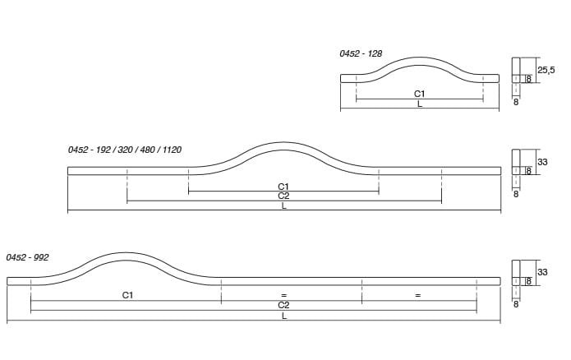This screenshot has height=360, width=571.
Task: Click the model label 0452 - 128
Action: [x=361, y=53]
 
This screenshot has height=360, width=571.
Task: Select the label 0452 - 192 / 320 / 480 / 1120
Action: [x=125, y=150]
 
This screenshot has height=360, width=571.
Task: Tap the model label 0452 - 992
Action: [x=27, y=257]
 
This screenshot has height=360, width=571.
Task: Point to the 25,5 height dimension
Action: [x=546, y=70]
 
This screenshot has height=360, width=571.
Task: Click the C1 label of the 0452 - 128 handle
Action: [x=420, y=94]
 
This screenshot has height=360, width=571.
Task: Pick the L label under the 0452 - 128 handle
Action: [x=420, y=104]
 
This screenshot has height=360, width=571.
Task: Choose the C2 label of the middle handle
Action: [x=283, y=196]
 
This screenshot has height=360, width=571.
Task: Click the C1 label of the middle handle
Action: [x=283, y=187]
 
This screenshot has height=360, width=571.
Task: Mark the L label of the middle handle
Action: [x=284, y=205]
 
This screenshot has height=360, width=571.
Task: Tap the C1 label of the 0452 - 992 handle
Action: [x=127, y=295]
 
